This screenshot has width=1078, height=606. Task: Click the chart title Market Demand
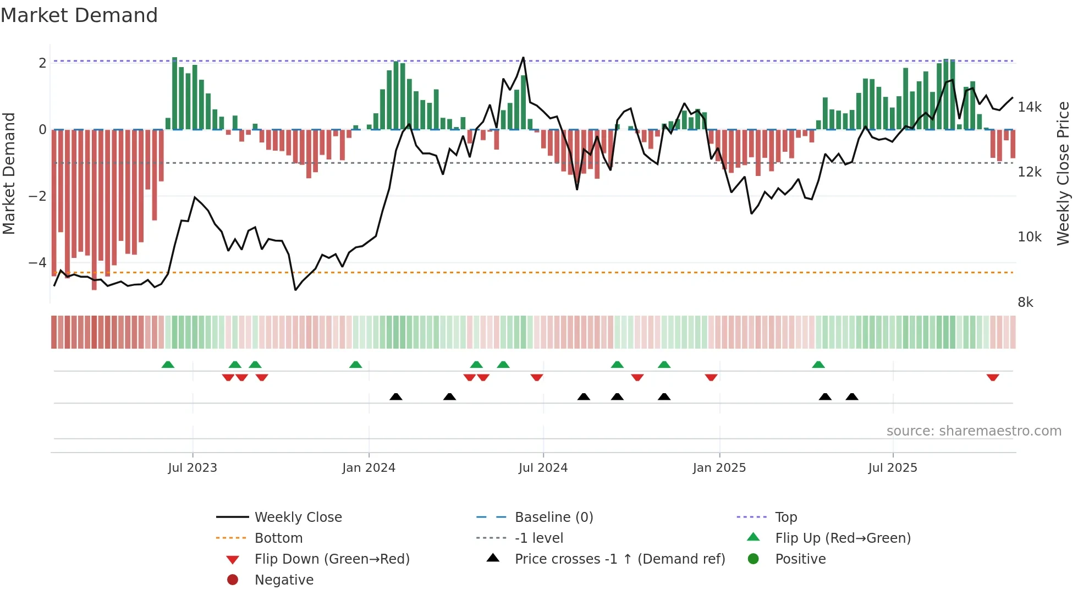(x=79, y=15)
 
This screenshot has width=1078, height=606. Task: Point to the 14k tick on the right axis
(x=1029, y=107)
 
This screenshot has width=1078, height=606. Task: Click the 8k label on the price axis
(x=1025, y=302)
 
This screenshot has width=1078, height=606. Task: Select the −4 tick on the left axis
(x=37, y=263)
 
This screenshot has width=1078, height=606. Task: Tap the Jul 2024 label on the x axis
(x=543, y=468)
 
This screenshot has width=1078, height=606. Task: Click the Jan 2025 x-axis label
(x=719, y=468)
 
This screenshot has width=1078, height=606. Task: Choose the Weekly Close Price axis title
(x=1063, y=173)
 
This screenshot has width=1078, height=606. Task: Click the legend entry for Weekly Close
(x=298, y=517)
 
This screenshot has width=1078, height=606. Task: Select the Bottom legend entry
(x=278, y=538)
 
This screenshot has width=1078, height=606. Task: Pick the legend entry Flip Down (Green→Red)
(x=332, y=559)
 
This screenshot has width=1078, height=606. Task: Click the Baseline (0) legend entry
(x=553, y=517)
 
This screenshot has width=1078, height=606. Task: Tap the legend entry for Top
(x=785, y=517)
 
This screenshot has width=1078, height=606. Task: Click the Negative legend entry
(x=284, y=580)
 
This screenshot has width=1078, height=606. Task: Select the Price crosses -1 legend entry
(x=619, y=559)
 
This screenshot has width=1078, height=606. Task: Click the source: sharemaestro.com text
(x=974, y=431)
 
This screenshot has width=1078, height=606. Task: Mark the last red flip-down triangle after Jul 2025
(x=992, y=378)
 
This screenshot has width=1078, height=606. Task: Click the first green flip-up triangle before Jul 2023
(x=168, y=365)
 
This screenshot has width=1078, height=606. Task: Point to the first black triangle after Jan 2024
(x=395, y=397)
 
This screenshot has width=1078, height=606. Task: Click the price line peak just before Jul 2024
(x=523, y=58)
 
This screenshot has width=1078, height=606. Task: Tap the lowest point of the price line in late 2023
(x=295, y=290)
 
